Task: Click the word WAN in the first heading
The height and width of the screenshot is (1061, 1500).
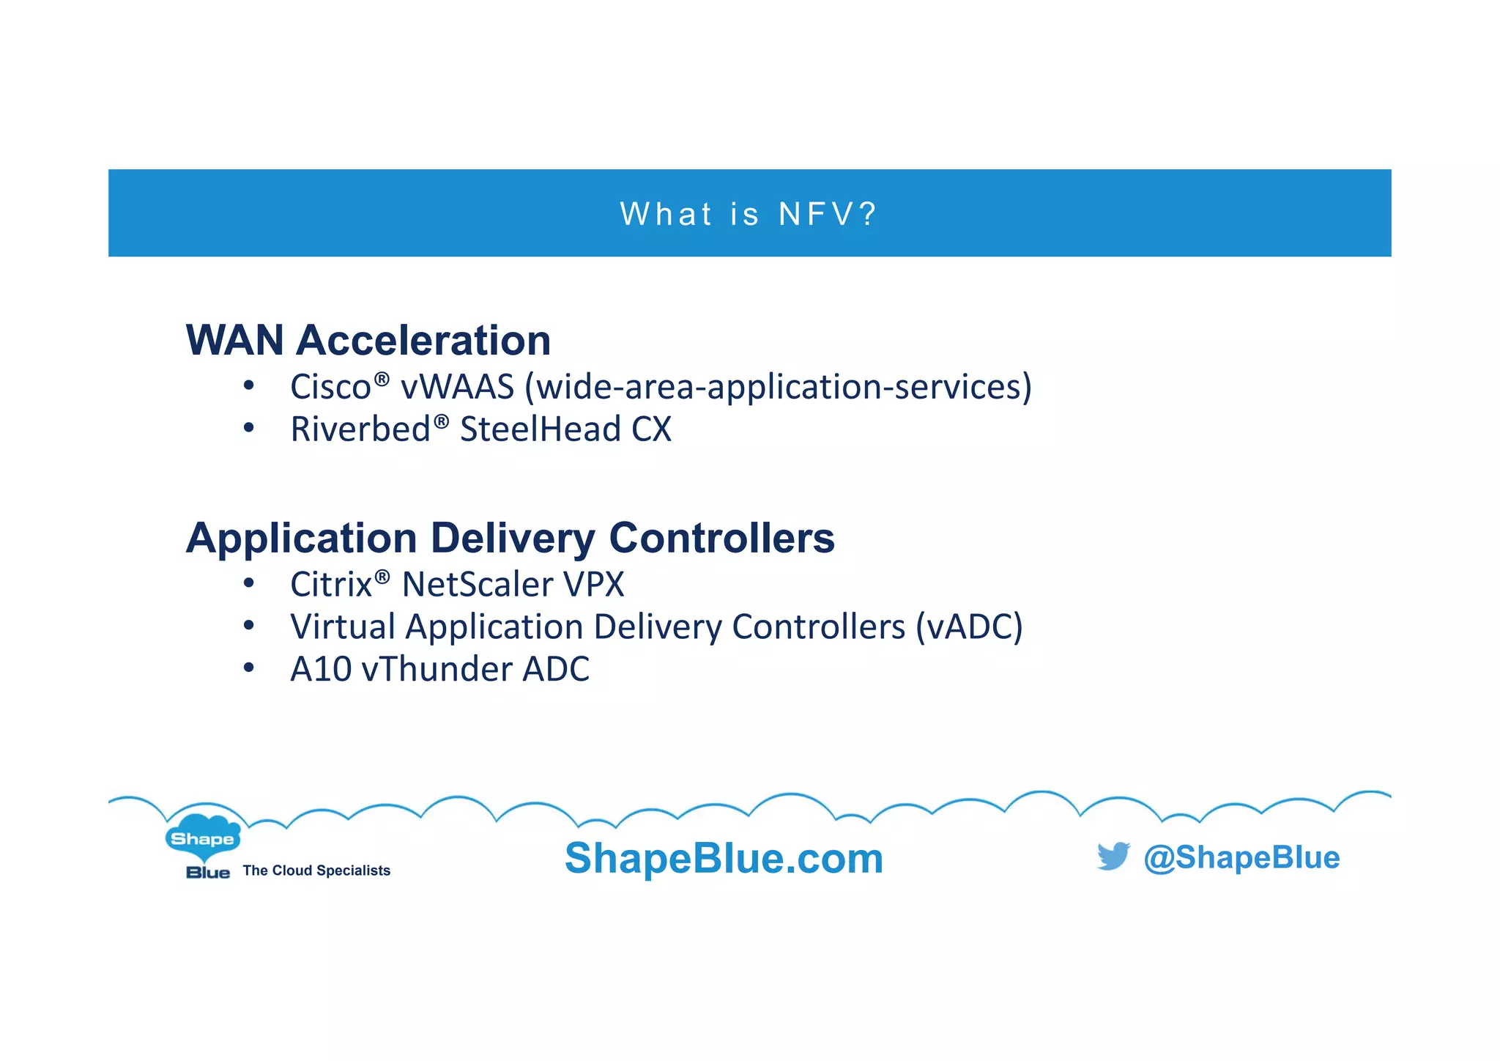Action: (234, 341)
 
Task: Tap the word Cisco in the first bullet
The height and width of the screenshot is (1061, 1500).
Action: (330, 387)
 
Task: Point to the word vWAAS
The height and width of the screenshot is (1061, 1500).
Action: (457, 387)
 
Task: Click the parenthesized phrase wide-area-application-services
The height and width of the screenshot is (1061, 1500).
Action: (778, 387)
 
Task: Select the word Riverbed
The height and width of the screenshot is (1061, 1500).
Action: (360, 429)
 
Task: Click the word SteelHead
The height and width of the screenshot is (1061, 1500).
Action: (541, 429)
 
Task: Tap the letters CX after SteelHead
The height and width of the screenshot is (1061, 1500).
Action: (651, 429)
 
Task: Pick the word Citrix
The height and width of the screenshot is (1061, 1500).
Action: (331, 585)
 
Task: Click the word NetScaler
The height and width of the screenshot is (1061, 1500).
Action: (477, 585)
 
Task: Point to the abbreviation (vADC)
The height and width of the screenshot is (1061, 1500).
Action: (969, 627)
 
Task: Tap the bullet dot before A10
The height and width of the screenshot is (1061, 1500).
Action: (249, 668)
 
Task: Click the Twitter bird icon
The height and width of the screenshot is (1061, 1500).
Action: (1113, 856)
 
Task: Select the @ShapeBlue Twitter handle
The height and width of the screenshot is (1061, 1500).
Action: (1241, 857)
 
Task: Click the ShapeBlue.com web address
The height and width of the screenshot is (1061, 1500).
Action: (724, 858)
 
